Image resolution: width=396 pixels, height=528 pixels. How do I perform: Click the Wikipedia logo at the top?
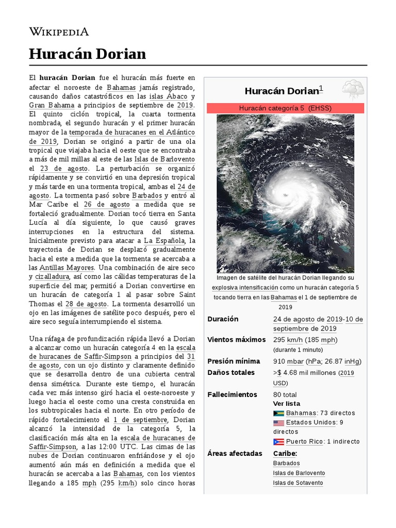point(59,32)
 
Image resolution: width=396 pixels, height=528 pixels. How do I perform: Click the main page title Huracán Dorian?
point(87,54)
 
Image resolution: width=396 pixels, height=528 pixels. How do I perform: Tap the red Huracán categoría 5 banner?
point(285,108)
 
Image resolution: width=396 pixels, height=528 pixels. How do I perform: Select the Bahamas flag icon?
point(278,414)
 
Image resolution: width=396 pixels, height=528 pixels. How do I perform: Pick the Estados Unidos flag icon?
point(278,423)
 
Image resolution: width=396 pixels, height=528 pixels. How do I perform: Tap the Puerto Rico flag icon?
point(278,442)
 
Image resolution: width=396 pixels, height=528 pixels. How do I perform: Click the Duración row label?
point(223,319)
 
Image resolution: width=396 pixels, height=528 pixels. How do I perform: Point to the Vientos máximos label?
point(236,340)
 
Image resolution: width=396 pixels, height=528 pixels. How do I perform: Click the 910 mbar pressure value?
point(288,361)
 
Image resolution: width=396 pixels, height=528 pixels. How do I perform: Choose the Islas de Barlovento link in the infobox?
point(299,473)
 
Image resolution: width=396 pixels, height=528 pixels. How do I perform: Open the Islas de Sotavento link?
point(298,483)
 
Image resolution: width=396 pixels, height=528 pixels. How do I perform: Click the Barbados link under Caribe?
point(286,463)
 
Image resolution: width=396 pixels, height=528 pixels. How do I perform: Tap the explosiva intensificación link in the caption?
point(245,288)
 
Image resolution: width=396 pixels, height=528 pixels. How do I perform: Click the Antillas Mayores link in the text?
point(68,268)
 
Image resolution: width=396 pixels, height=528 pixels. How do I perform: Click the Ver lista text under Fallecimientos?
point(286,404)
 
